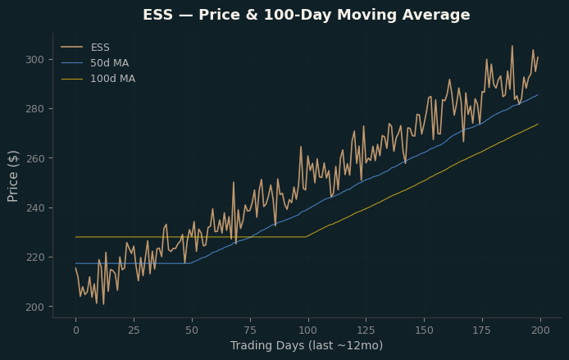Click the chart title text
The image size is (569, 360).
click(x=307, y=15)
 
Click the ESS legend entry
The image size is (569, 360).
click(x=85, y=48)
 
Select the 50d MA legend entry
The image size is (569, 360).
click(x=95, y=63)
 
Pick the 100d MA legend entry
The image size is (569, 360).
click(x=98, y=79)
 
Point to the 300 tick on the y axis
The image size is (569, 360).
click(x=34, y=60)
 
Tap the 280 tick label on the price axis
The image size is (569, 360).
click(x=34, y=109)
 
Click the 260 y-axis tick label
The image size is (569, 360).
click(x=34, y=158)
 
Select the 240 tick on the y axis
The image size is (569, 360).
click(x=34, y=208)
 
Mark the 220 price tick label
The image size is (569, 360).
click(x=34, y=257)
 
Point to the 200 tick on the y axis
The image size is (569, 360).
click(x=34, y=307)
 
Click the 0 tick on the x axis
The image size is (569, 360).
click(x=76, y=330)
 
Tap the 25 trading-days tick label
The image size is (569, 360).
click(x=134, y=330)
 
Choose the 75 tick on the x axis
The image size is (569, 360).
click(x=250, y=330)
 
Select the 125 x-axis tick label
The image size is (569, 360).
click(x=366, y=330)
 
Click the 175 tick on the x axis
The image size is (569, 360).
click(x=482, y=330)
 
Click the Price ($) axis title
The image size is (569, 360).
click(x=12, y=176)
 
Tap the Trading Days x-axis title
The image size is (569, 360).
click(x=307, y=345)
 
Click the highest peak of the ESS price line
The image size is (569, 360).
click(x=512, y=46)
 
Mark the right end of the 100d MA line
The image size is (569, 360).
click(x=538, y=124)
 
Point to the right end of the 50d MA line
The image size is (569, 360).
click(x=538, y=95)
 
